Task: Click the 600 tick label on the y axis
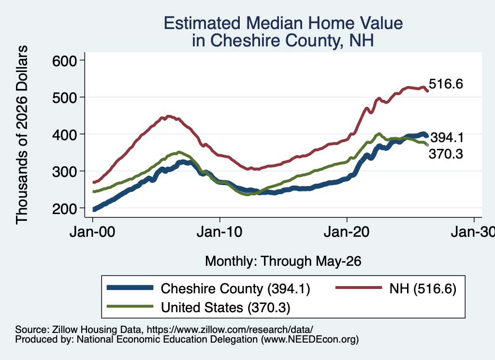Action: (x=64, y=61)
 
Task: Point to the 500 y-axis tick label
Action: (x=64, y=98)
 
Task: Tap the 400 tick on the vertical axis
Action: (x=64, y=135)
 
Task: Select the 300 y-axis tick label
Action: (x=64, y=172)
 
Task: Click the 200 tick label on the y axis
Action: (x=64, y=209)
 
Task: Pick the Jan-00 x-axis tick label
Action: (x=92, y=232)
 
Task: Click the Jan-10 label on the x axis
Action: (x=219, y=232)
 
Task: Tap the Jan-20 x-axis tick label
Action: (x=347, y=232)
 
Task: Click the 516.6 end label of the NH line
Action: (x=446, y=84)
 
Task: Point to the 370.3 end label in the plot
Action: (x=446, y=154)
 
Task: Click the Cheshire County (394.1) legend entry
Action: (x=235, y=288)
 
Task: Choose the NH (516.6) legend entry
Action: (x=422, y=288)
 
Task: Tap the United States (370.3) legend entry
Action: (x=226, y=308)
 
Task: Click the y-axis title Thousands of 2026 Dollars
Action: (x=22, y=135)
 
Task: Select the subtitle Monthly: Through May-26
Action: (x=283, y=261)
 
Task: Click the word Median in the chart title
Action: (x=274, y=23)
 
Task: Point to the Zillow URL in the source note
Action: (x=230, y=330)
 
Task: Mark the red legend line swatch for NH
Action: (x=358, y=288)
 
